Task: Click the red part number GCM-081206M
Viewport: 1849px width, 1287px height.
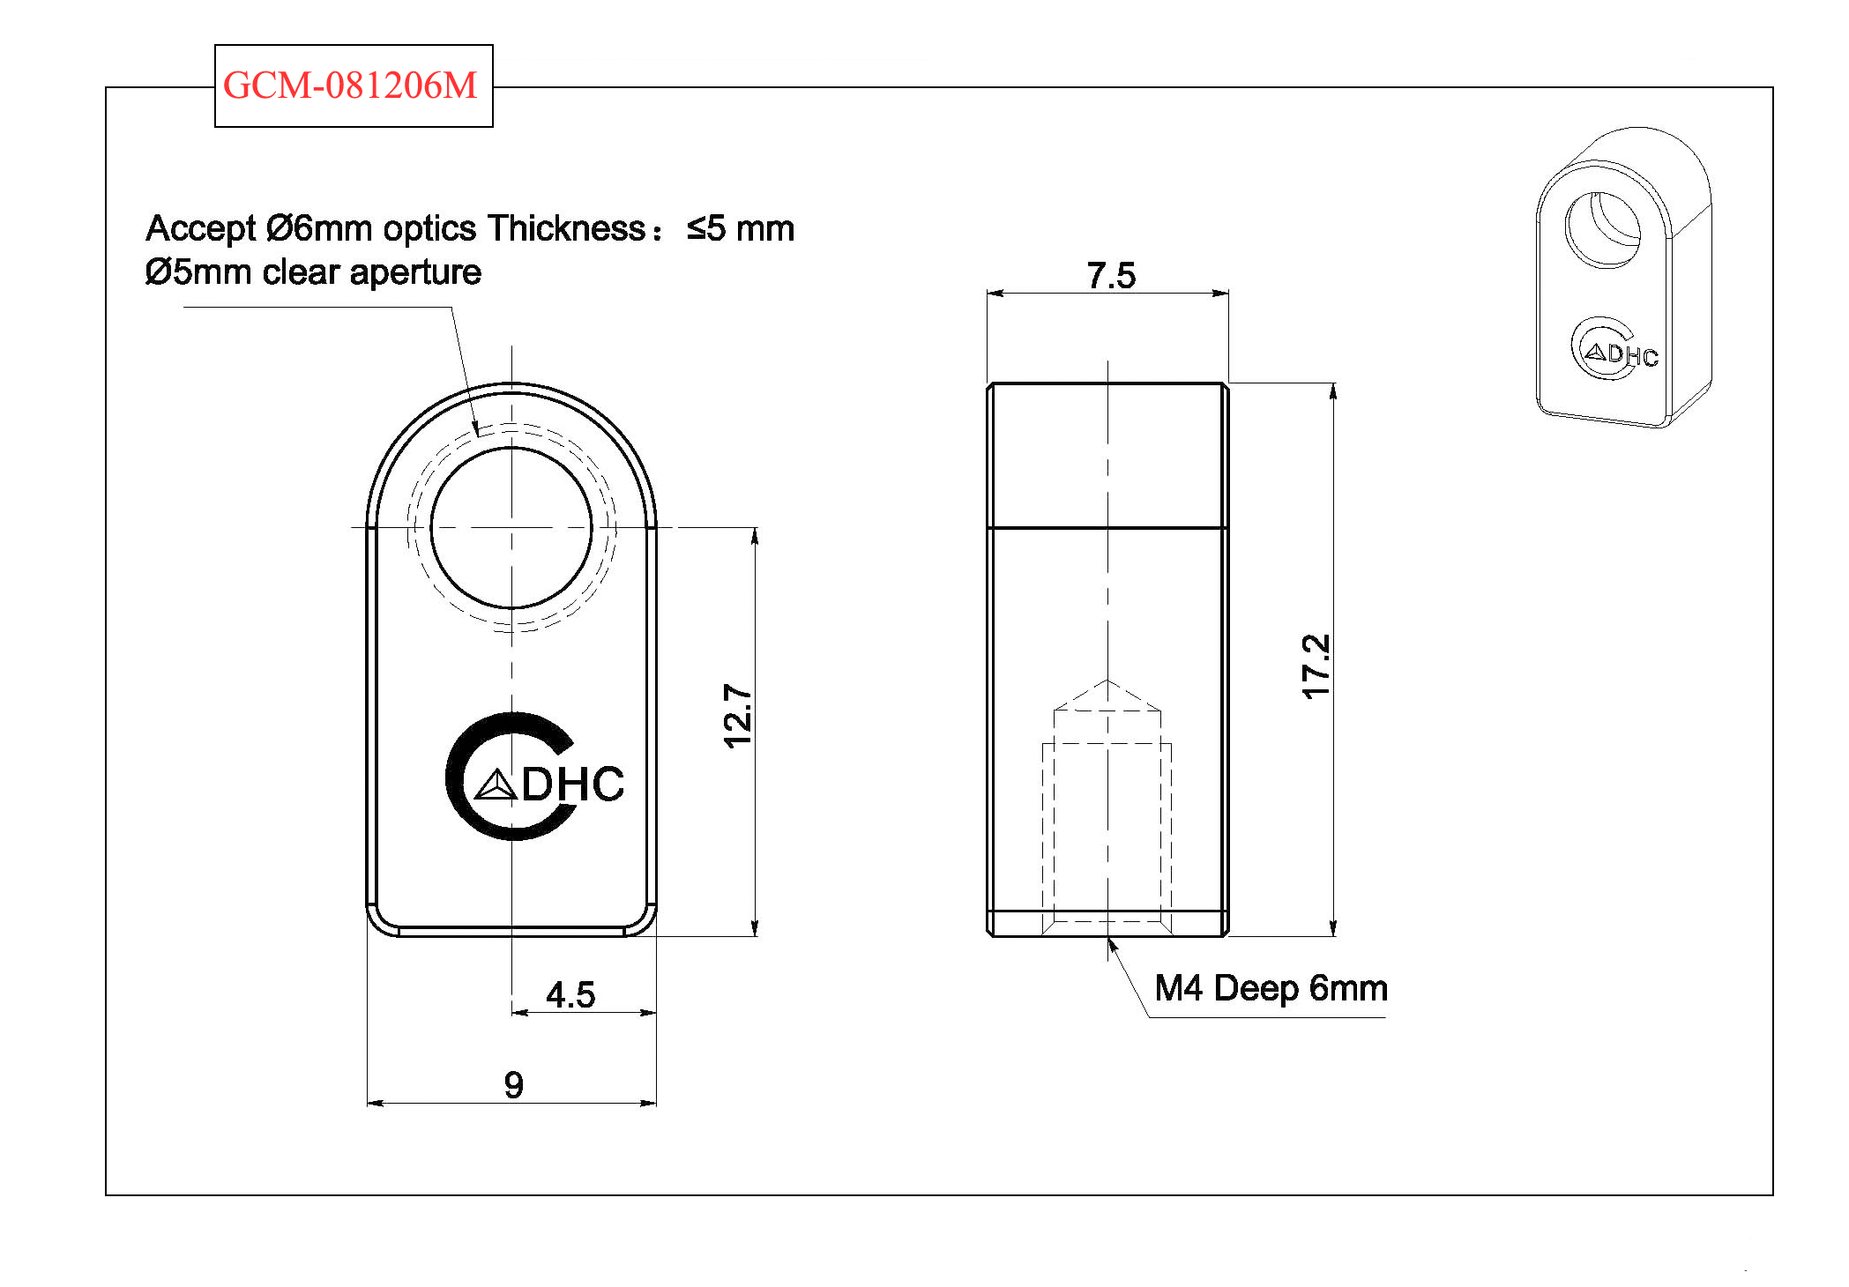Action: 350,86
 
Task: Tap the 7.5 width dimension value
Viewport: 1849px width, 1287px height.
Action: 1111,275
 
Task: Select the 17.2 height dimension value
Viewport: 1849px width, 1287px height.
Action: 1316,666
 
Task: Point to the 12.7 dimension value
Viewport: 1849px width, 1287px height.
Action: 737,716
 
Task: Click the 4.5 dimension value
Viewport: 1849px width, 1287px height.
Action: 570,995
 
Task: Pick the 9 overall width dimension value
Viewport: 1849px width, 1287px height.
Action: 514,1084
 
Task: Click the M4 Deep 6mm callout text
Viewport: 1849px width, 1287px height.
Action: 1271,988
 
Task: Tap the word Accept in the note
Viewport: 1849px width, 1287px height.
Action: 200,228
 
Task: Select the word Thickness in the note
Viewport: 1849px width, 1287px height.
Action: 567,228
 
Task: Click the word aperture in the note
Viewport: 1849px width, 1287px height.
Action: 415,273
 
